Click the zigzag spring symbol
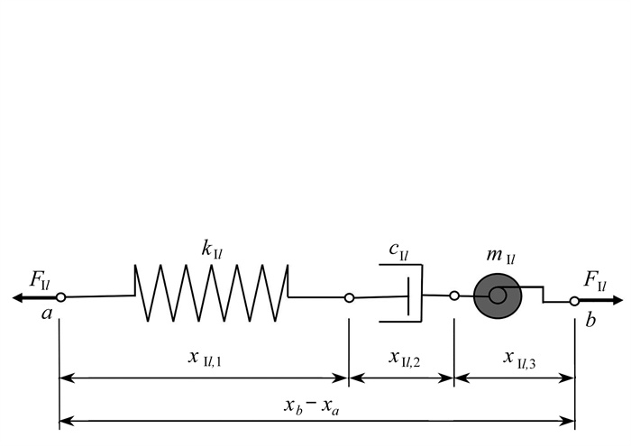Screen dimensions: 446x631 point(212,293)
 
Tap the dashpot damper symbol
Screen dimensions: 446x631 point(402,295)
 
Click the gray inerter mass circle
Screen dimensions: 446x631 point(496,295)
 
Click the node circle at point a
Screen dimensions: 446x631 point(59,297)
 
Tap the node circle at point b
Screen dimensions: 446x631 point(573,300)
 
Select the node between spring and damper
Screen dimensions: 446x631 point(349,297)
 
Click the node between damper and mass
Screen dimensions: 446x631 point(454,295)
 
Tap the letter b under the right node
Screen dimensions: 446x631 point(590,320)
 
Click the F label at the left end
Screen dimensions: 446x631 point(40,280)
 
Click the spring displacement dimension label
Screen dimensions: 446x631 point(205,358)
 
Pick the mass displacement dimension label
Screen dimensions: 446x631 point(517,358)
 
